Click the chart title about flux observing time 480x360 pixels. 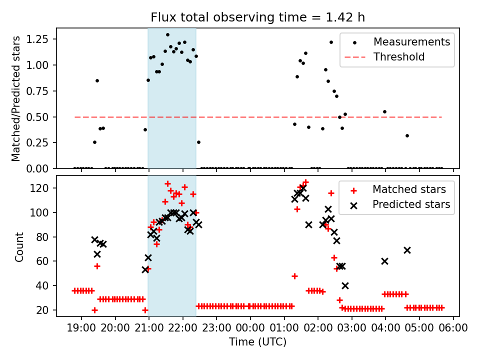[257, 17]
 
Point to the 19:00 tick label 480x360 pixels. [81, 328]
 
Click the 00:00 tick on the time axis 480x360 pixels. [250, 328]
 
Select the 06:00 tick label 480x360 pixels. [453, 328]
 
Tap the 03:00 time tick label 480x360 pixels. [351, 328]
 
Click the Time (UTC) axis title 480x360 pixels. [257, 342]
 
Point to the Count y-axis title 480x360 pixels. [19, 246]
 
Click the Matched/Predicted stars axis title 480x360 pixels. [16, 98]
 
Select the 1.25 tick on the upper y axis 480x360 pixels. [38, 39]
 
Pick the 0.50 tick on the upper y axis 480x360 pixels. [38, 117]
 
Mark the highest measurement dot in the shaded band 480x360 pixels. [167, 35]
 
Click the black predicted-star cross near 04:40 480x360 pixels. [407, 250]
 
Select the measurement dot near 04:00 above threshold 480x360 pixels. [384, 111]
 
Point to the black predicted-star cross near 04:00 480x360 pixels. [384, 261]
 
